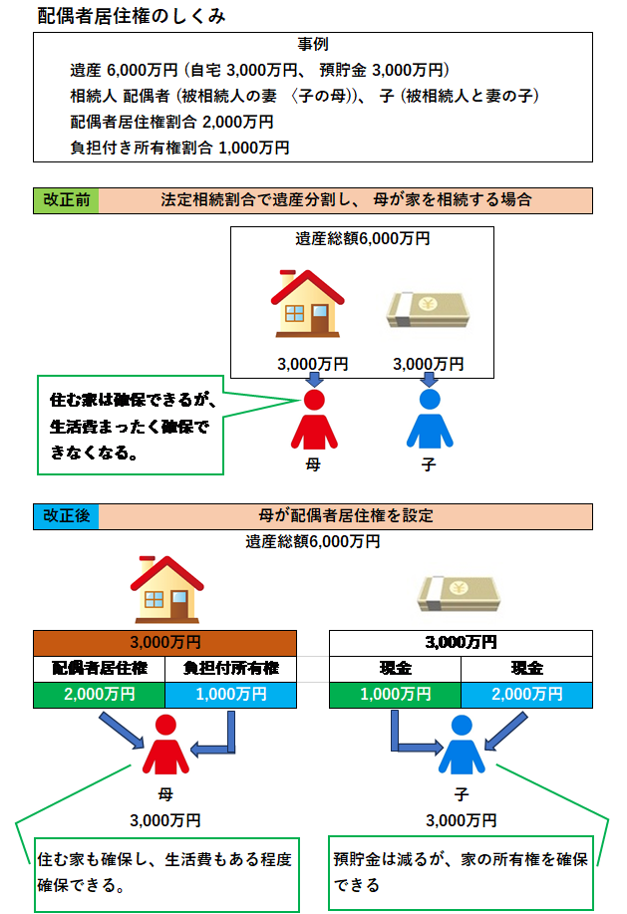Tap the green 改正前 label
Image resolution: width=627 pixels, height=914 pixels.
(66, 199)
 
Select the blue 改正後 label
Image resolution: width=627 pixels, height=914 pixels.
(66, 516)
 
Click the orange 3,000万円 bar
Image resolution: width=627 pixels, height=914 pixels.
(164, 642)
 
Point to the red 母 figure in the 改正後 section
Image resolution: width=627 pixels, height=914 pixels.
(165, 747)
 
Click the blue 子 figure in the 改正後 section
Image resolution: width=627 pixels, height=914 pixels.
(460, 747)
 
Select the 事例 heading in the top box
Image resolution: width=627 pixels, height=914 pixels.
(313, 45)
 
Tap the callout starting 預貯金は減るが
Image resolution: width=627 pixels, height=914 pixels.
(461, 870)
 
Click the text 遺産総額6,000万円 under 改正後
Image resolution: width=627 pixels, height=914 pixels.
(313, 542)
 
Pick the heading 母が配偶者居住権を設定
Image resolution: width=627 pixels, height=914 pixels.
(345, 516)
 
